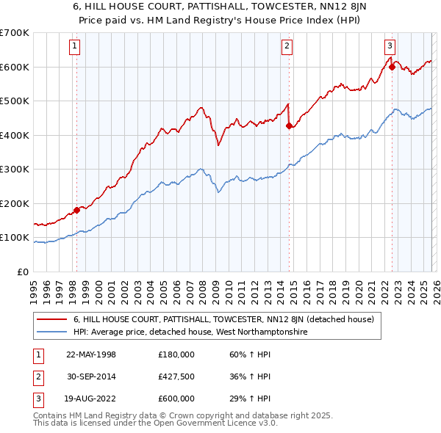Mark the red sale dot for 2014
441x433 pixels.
click(289, 125)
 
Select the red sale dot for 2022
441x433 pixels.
click(392, 67)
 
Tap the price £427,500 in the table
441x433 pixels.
click(176, 376)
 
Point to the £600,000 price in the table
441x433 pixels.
click(176, 399)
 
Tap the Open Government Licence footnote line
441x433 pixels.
click(144, 423)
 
